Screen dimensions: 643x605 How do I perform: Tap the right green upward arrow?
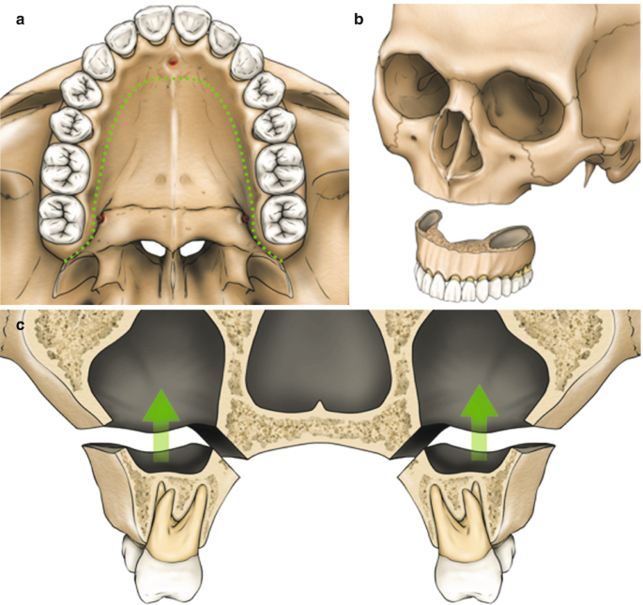click(480, 418)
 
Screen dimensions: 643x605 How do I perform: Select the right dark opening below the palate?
click(193, 249)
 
